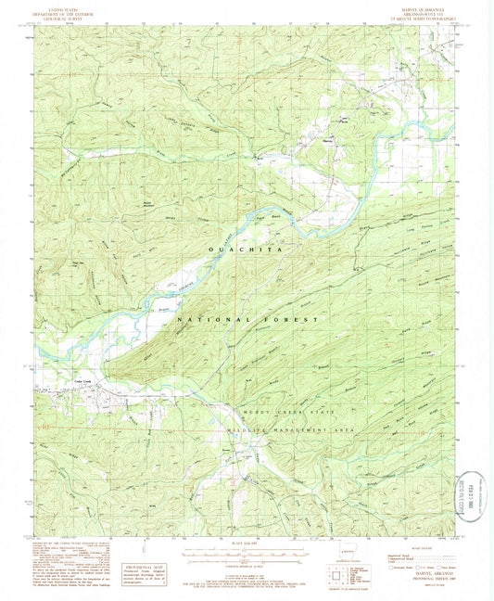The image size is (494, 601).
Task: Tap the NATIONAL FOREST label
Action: (247, 318)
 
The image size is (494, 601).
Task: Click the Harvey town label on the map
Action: (327, 141)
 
